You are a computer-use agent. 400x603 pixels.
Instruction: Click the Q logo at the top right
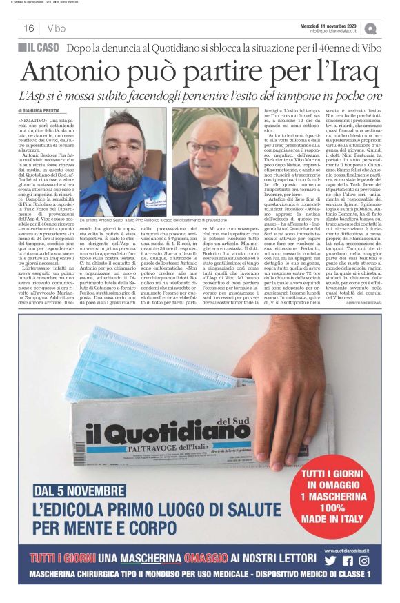[x=371, y=28]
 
